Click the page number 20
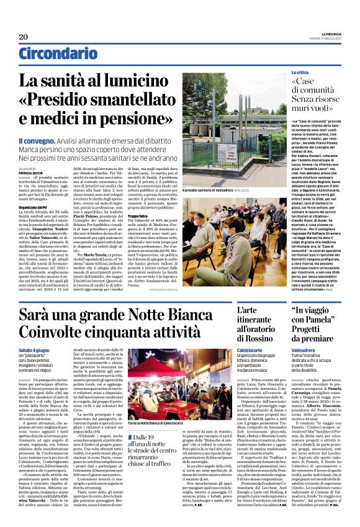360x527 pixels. [24, 37]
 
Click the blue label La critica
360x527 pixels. [302, 73]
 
